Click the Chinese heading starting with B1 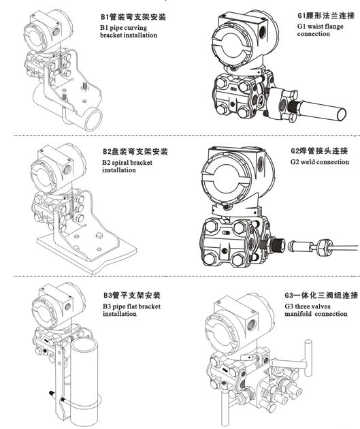point(133,17)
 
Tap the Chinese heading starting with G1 point(326,16)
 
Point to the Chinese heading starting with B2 point(135,151)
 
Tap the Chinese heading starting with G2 point(319,150)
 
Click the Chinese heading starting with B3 point(132,296)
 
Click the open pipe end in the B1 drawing point(93,119)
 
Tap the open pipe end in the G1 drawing point(341,114)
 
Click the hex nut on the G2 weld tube point(325,247)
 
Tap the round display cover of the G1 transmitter point(231,47)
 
